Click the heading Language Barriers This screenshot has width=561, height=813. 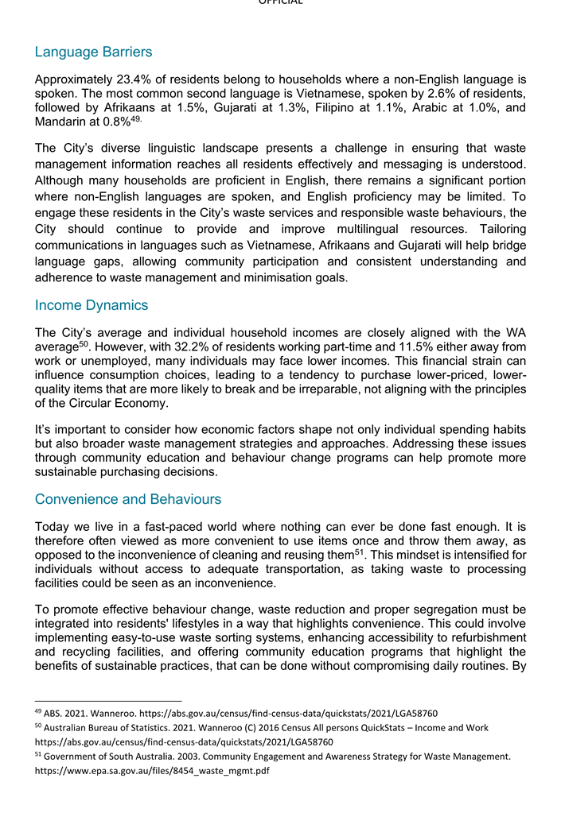click(x=93, y=52)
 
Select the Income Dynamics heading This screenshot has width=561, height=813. click(x=91, y=305)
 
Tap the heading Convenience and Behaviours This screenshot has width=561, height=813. click(x=128, y=499)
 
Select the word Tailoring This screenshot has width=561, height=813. click(x=499, y=229)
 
